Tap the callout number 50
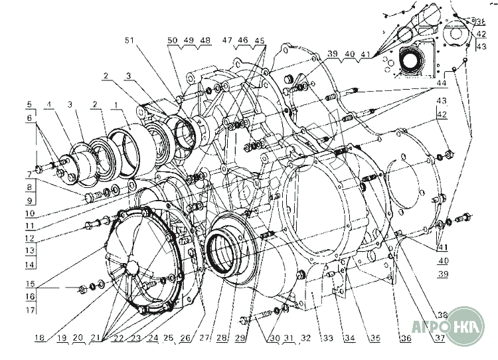[x=173, y=41]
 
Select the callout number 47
[x=228, y=41]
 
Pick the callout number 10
[x=29, y=215]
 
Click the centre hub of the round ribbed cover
[x=131, y=266]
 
